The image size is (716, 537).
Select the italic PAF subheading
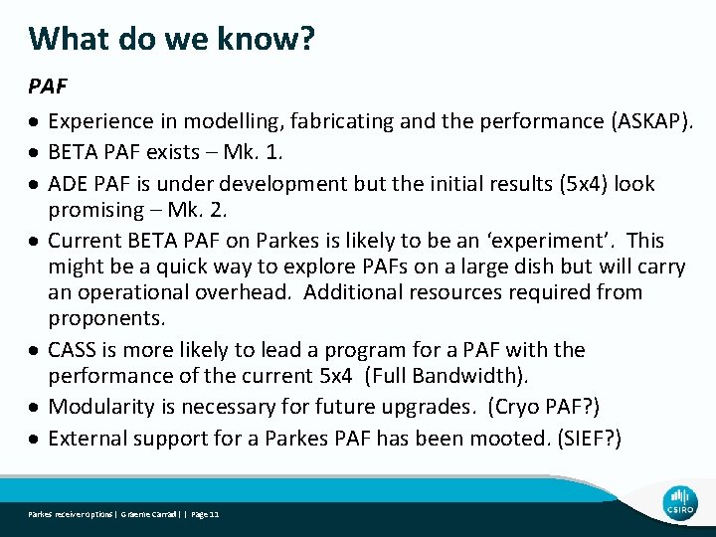pos(48,88)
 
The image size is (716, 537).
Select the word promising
pos(96,210)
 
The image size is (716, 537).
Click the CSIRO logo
pos(681,503)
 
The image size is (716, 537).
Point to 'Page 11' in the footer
pos(205,514)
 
